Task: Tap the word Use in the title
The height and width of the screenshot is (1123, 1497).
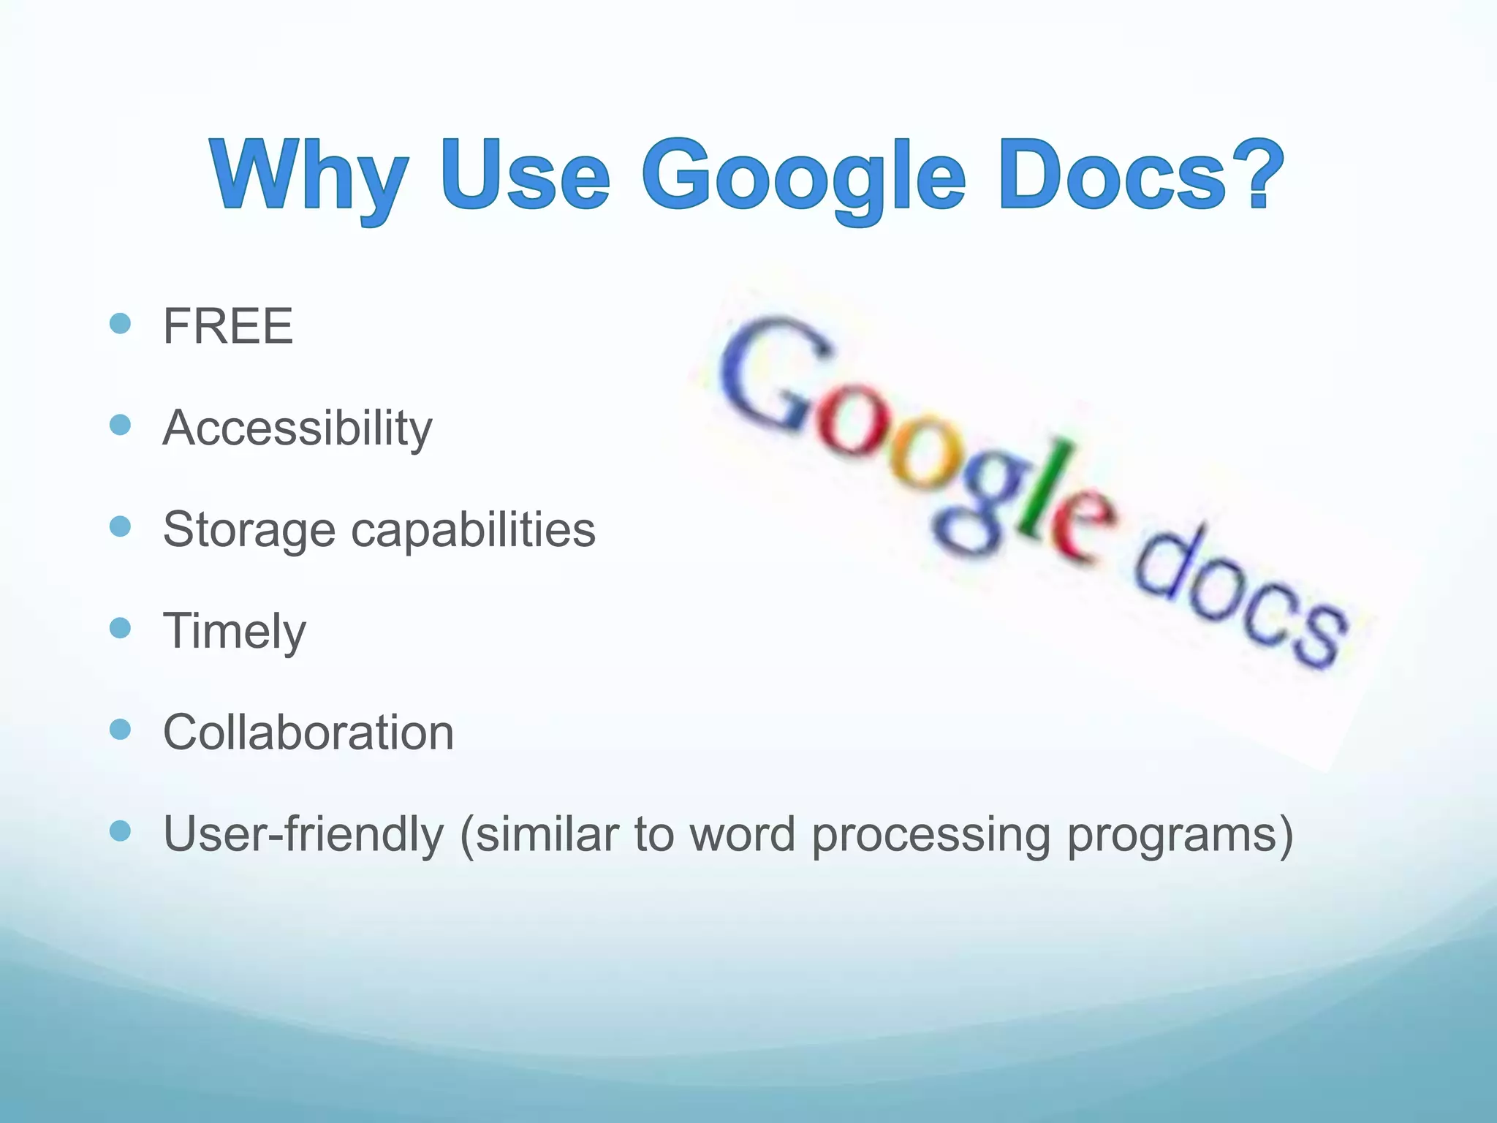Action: (526, 175)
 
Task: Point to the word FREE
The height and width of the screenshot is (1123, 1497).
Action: (227, 326)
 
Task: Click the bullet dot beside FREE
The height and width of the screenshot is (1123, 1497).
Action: (120, 323)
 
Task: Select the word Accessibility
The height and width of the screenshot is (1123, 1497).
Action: (297, 428)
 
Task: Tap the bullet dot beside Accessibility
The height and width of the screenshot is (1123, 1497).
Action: (120, 425)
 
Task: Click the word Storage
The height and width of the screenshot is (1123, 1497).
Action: (249, 530)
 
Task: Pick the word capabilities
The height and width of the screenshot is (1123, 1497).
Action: (473, 529)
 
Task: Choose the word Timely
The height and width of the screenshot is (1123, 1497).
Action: (234, 632)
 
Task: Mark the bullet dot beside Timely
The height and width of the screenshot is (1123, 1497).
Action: (120, 627)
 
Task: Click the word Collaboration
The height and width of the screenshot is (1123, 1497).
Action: (308, 732)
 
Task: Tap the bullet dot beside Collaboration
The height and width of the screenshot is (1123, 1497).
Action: (120, 729)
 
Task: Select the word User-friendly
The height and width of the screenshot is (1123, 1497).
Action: (303, 834)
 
